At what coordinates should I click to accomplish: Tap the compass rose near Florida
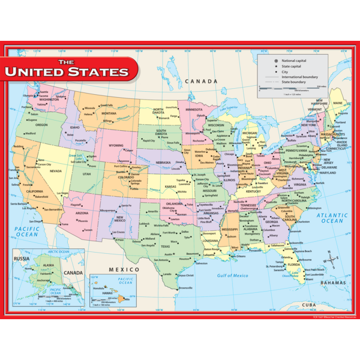(331, 260)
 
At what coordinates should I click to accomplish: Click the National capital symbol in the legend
(277, 61)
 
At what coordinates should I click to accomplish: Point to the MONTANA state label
(109, 113)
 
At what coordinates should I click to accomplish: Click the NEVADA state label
(56, 171)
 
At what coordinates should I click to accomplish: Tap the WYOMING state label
(116, 146)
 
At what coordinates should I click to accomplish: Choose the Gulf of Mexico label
(233, 275)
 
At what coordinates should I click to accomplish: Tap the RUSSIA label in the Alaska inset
(22, 260)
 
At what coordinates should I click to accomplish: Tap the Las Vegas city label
(63, 193)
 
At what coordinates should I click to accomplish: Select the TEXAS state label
(165, 246)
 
